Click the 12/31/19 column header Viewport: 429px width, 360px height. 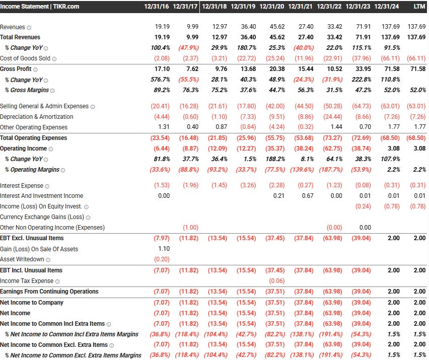pyautogui.click(x=243, y=7)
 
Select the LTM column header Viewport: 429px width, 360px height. pyautogui.click(x=419, y=7)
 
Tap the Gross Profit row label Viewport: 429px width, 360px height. pyautogui.click(x=16, y=69)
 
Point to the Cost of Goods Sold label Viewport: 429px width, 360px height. pyautogui.click(x=25, y=58)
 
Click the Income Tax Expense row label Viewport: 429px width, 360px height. pyautogui.click(x=27, y=281)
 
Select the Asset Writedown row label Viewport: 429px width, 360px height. pyautogui.click(x=22, y=260)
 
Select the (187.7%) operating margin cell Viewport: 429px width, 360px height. pyautogui.click(x=330, y=170)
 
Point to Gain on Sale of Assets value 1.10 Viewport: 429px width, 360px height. pyautogui.click(x=164, y=249)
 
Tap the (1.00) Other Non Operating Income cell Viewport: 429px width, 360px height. pyautogui.click(x=190, y=228)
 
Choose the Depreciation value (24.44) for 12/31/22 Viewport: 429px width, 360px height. pyautogui.click(x=333, y=117)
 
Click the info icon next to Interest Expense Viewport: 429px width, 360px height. pyautogui.click(x=47, y=186)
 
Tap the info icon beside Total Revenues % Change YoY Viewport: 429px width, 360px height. pyautogui.click(x=46, y=48)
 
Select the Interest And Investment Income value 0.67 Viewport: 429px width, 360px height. pyautogui.click(x=307, y=196)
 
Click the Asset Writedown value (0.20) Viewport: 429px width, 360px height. pyautogui.click(x=162, y=260)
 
